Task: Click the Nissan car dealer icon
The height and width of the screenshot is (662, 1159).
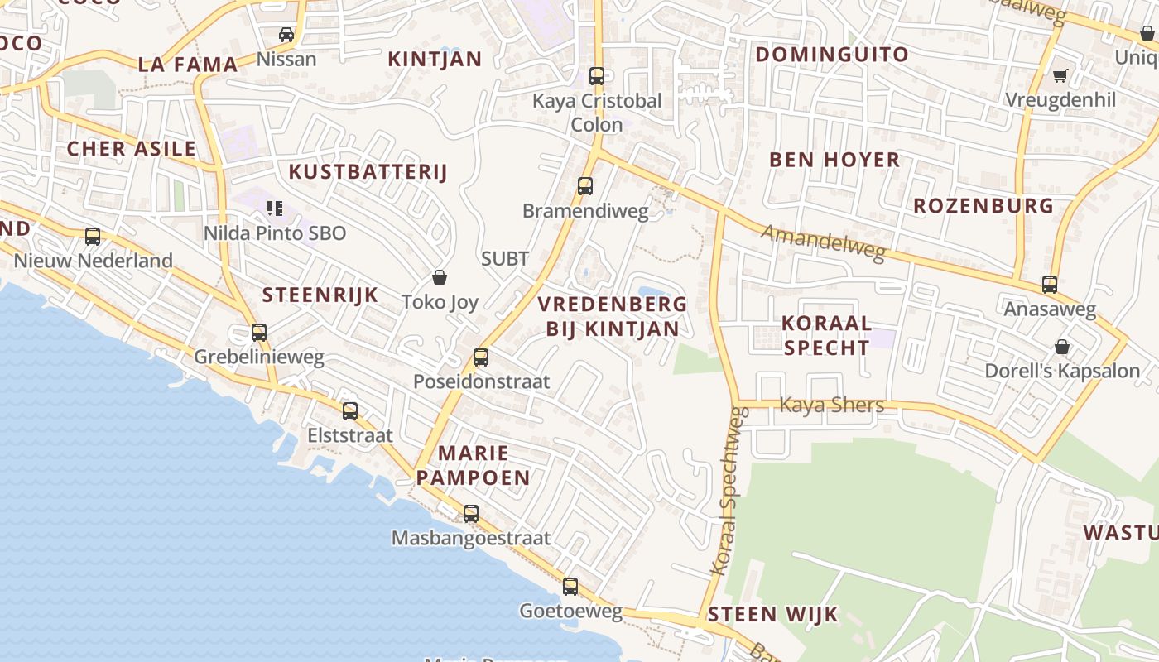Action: point(286,35)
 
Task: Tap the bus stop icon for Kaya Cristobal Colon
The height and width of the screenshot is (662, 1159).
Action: point(597,76)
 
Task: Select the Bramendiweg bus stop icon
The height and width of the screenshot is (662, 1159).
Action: point(585,186)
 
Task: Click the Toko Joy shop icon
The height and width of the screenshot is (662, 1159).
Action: point(440,277)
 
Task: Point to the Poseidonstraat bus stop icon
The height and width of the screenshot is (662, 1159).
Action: point(481,357)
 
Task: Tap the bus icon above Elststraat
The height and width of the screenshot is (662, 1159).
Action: point(350,410)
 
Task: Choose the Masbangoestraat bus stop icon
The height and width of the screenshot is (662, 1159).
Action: point(471,514)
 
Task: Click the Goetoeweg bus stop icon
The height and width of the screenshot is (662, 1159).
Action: point(570,587)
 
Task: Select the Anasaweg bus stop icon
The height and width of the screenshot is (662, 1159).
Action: point(1050,285)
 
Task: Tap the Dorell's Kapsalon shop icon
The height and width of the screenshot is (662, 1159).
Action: point(1062,347)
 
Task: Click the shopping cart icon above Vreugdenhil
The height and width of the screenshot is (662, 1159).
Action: point(1060,76)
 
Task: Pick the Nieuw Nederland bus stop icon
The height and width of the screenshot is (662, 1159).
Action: point(93,237)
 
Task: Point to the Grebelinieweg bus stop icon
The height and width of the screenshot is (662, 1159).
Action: point(259,333)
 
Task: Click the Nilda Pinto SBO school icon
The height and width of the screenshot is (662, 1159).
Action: point(275,209)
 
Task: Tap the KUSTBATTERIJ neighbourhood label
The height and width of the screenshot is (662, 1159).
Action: point(368,172)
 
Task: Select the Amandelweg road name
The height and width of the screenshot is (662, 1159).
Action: point(823,242)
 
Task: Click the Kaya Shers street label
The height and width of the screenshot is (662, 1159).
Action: point(832,405)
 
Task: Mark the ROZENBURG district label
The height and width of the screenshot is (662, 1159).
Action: point(983,206)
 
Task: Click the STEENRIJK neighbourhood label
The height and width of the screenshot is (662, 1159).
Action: point(320,295)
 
